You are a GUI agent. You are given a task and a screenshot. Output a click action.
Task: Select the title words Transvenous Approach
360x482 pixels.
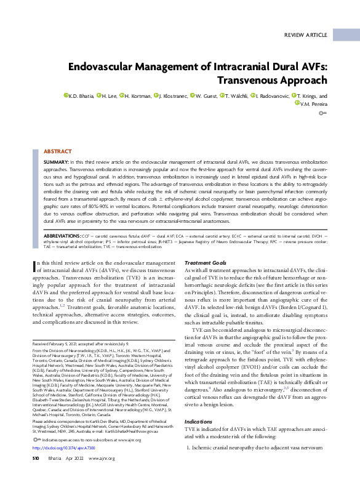(273, 80)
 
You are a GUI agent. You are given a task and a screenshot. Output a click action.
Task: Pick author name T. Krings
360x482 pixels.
(309, 97)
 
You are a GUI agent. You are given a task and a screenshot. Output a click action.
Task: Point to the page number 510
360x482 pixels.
(35, 459)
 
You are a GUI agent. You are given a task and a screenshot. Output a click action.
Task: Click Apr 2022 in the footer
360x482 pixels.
(75, 459)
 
